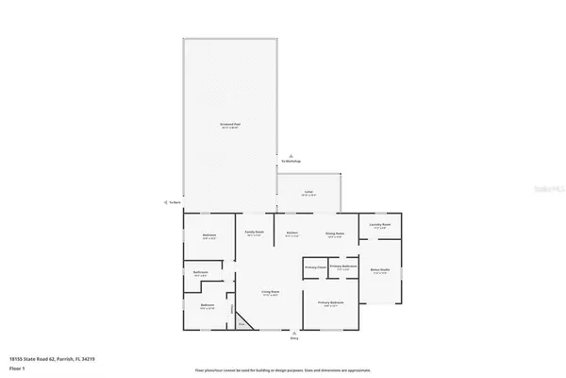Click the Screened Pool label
point(230,125)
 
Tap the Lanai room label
point(308,193)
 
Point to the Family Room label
point(255,232)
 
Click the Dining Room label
point(335,232)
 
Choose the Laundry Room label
point(380,226)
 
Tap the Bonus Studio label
point(381,270)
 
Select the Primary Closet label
point(314,267)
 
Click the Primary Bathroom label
point(342,267)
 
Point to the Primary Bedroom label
point(330,302)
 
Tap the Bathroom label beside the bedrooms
point(200,274)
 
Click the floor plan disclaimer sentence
point(283,371)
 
